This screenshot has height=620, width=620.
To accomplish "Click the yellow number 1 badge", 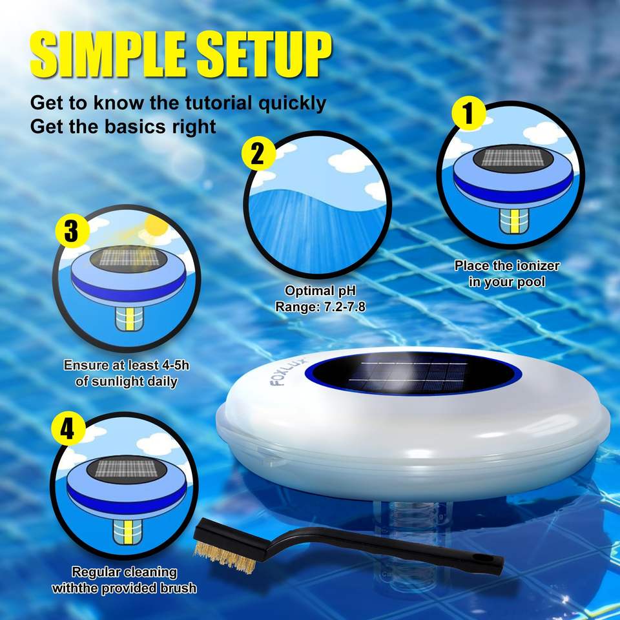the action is pos(469,113).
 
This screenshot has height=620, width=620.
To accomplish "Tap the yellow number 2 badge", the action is pos(258,154).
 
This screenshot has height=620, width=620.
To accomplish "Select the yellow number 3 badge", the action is pos(72,231).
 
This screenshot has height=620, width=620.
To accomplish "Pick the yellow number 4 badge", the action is pos(68,429).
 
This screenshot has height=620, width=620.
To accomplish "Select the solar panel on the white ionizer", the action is pos(411,373).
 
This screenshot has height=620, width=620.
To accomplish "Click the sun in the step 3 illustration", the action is pos(156,227).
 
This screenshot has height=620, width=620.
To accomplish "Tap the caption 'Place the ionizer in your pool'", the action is pos(507,274).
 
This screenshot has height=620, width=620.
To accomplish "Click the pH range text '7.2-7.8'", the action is pos(344,307).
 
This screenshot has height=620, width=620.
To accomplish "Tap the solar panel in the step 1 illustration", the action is pos(513,158).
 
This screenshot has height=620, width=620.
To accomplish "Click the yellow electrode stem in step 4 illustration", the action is pos(127,532).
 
